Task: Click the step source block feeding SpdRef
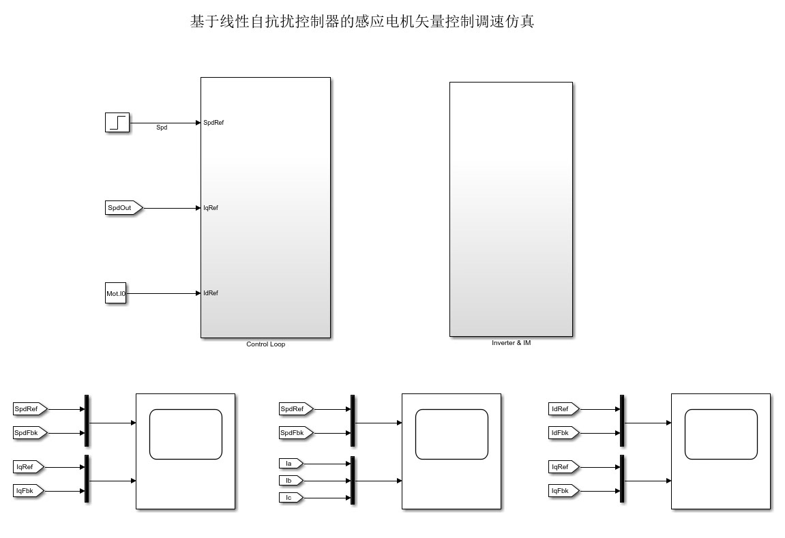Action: [117, 123]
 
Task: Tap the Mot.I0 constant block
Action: [116, 294]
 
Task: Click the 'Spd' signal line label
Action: [162, 128]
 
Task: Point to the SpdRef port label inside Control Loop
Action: [213, 123]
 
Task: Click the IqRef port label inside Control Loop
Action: [211, 208]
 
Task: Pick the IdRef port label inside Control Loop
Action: [211, 293]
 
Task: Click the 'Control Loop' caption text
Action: [265, 344]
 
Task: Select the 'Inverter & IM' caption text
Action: [511, 343]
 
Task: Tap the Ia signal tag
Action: [290, 464]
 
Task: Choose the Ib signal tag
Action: [290, 481]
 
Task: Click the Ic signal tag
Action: [290, 498]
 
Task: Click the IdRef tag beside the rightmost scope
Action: [563, 409]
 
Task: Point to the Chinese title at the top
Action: [361, 22]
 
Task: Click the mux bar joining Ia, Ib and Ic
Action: [353, 480]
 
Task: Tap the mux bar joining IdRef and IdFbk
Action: [622, 421]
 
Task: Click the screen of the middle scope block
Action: [451, 434]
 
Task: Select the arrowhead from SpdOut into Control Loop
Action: [198, 208]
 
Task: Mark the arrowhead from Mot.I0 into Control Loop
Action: [198, 294]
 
